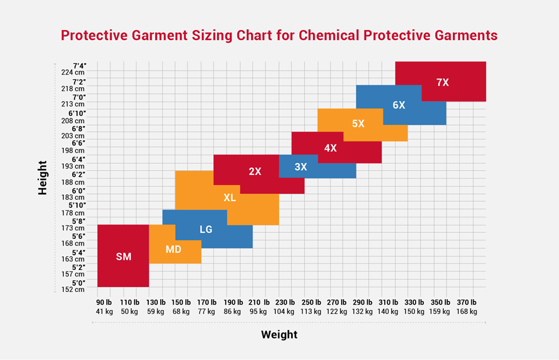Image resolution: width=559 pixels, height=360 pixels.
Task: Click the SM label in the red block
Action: [123, 257]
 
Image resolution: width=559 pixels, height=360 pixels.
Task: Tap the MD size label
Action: [173, 249]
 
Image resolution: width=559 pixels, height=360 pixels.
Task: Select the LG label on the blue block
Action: [205, 229]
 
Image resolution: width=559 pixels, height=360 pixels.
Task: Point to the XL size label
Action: [229, 198]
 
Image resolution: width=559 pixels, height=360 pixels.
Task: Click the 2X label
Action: [255, 171]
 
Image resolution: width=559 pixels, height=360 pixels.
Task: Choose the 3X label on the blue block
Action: [300, 167]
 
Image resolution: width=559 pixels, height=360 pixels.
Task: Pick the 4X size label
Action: [330, 148]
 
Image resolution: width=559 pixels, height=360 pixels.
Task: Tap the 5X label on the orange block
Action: [358, 124]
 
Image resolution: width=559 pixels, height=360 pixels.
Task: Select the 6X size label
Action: [399, 105]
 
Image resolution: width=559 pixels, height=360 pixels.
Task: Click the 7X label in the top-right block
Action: [443, 82]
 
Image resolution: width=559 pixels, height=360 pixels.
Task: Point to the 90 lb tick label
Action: [104, 303]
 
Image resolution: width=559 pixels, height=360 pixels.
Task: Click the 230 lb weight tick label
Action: [284, 303]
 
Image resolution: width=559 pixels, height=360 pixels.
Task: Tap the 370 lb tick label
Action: [466, 303]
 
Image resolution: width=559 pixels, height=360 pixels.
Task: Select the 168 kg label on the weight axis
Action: [466, 312]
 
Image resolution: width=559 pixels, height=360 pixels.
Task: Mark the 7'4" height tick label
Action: [79, 66]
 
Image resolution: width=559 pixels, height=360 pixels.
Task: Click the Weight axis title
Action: [279, 335]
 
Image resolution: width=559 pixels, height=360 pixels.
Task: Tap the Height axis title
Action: [42, 177]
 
